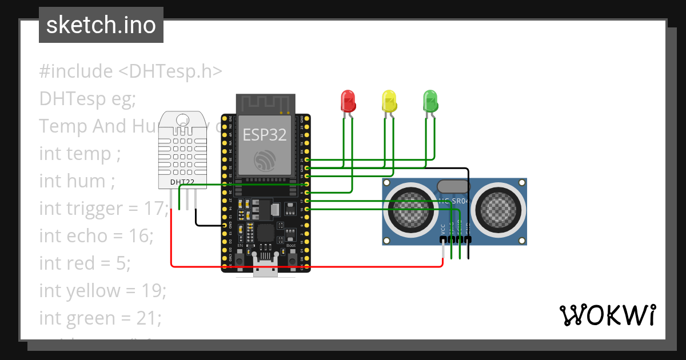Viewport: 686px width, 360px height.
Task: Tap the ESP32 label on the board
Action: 264,134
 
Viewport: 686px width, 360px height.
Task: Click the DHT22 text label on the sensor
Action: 182,182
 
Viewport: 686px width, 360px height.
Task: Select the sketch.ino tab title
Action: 101,25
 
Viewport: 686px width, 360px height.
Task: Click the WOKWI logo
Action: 607,315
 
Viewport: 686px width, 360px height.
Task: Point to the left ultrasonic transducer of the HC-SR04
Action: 410,210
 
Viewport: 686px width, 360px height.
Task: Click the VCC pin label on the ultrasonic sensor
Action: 443,229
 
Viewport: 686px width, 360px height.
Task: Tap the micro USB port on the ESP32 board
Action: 266,269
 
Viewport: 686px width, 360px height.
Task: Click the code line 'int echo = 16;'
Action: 96,236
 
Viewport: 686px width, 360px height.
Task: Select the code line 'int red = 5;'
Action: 85,263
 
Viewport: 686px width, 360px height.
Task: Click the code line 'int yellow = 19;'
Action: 102,291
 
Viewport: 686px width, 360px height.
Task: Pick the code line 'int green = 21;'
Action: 100,318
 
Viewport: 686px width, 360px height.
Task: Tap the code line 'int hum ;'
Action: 77,181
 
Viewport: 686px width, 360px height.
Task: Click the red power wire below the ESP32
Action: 309,266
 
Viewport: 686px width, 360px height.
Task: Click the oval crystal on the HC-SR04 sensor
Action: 453,186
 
